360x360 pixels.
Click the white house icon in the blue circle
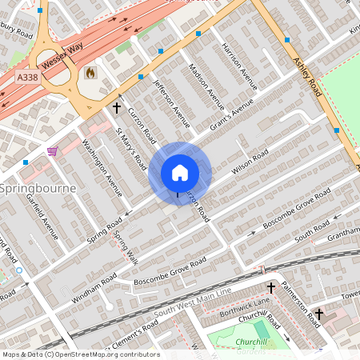point(180,173)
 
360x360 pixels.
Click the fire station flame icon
point(90,73)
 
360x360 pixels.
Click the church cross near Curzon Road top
point(117,106)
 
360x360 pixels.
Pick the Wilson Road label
point(247,165)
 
